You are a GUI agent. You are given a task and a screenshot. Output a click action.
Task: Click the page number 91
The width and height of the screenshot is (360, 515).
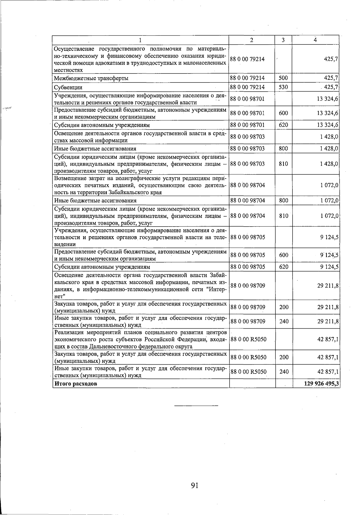tap(194, 485)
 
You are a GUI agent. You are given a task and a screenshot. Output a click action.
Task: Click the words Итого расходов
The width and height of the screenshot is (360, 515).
tap(76, 384)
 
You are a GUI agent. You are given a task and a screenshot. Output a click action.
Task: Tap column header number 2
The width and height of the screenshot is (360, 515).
tap(252, 40)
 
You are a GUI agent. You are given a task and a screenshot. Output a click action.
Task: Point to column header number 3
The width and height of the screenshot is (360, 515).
tap(283, 40)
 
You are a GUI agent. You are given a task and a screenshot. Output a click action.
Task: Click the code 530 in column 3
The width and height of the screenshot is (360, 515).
tap(283, 87)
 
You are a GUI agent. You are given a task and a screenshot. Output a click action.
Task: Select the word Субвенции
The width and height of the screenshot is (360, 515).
tap(68, 88)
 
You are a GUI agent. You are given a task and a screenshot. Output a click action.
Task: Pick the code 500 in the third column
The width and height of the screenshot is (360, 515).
tap(283, 78)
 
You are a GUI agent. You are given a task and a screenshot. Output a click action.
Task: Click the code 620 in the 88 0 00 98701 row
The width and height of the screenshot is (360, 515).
tap(283, 125)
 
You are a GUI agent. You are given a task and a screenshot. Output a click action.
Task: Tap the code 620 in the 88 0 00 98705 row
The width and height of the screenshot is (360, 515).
tap(283, 267)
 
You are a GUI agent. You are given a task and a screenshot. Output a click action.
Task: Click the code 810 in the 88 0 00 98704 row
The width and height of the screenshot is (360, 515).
tap(283, 216)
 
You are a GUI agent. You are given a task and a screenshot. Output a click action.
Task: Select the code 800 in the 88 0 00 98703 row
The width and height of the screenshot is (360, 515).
tap(283, 149)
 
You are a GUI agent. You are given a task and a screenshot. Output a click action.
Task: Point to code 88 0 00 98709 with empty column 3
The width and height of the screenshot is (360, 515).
tap(247, 286)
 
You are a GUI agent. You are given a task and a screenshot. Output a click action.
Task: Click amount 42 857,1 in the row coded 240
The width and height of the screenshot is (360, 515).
tap(328, 372)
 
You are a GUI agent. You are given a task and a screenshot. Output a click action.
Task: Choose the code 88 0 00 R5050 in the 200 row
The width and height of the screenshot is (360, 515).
tap(248, 357)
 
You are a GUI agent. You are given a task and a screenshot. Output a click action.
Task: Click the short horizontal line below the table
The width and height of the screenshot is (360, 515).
tap(196, 406)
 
